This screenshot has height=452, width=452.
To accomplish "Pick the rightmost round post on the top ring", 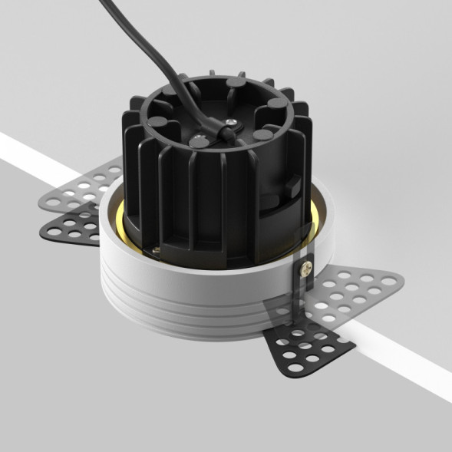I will [x=262, y=135].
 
